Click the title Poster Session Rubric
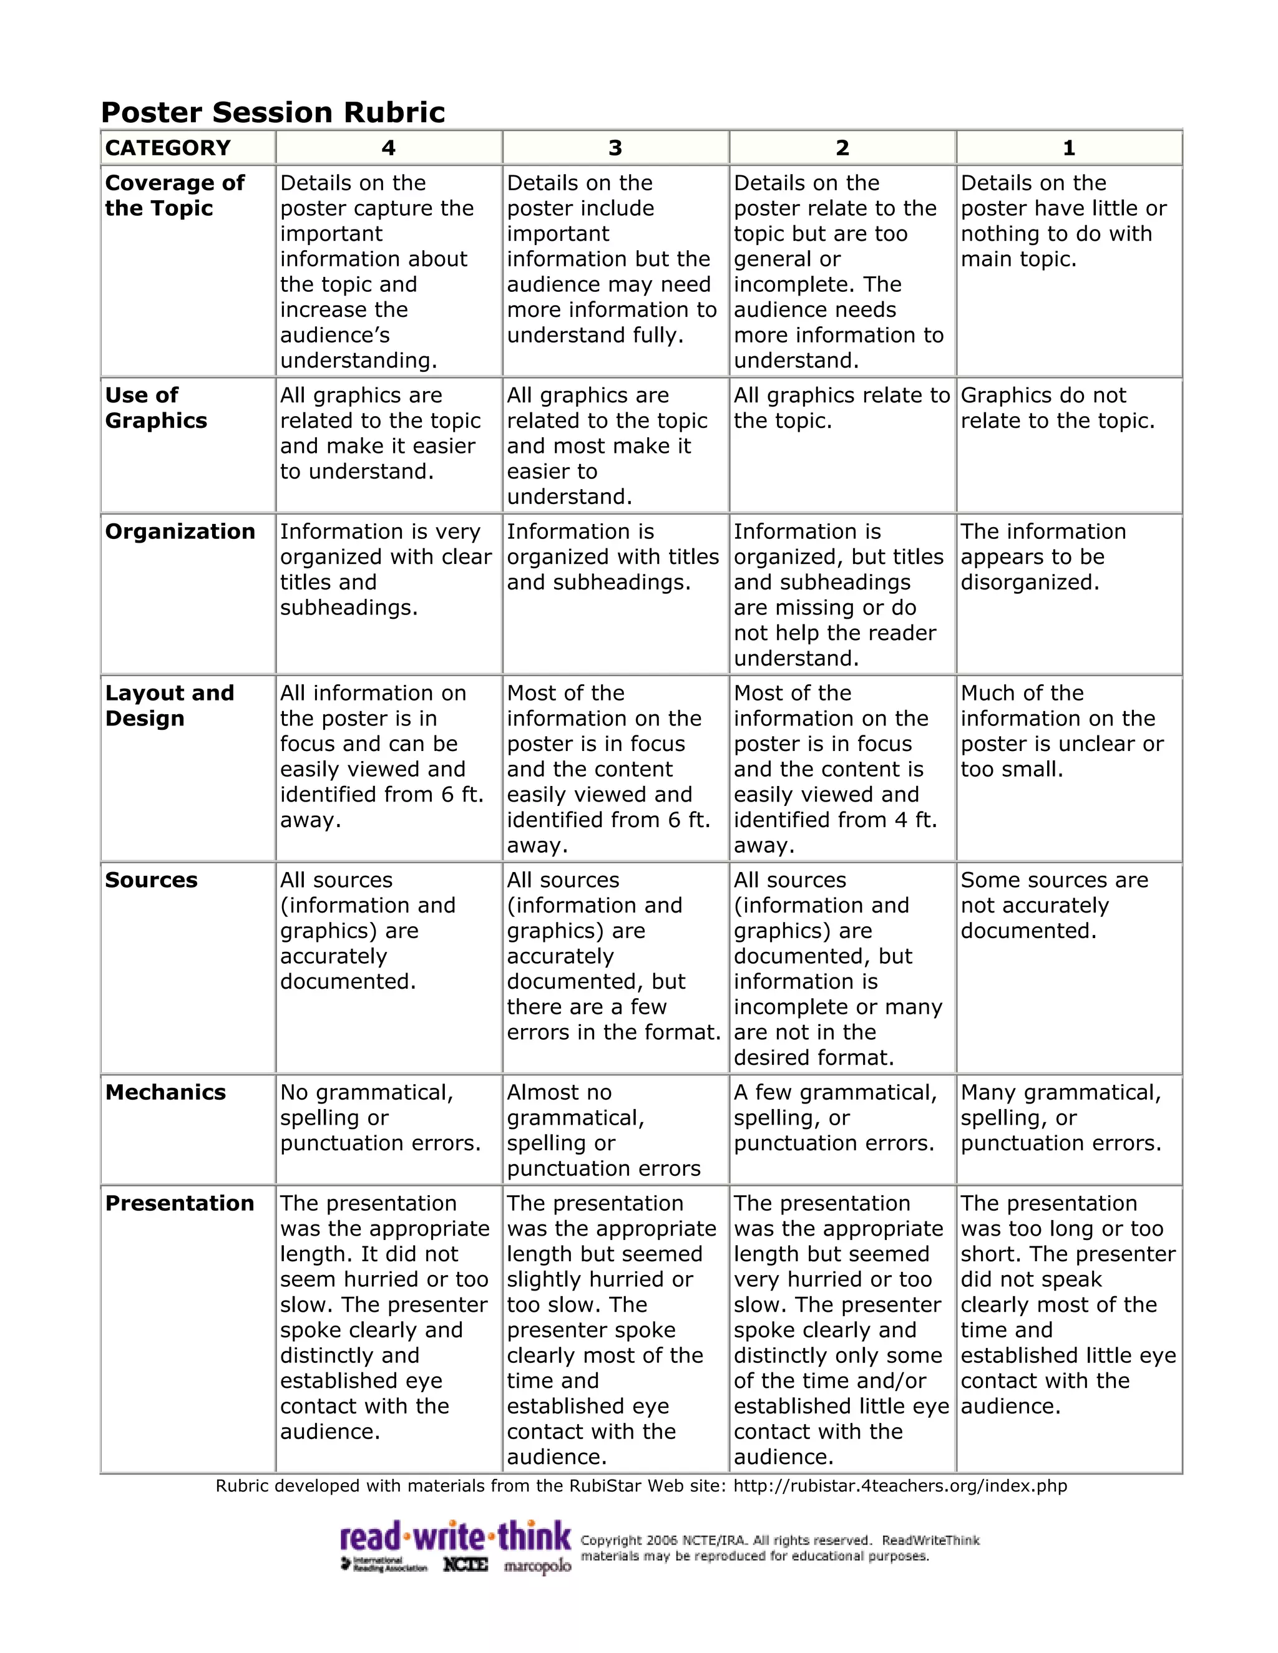tap(273, 112)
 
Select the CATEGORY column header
tap(167, 148)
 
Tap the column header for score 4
tap(388, 148)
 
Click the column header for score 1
tap(1068, 148)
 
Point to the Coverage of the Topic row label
tap(175, 195)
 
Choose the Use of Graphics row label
tap(156, 408)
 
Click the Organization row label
tap(180, 531)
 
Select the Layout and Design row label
tap(170, 705)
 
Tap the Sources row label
tap(152, 880)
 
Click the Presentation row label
tap(180, 1203)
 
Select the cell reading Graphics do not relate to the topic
tap(1057, 408)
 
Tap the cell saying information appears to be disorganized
tap(1043, 556)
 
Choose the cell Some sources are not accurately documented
tap(1053, 905)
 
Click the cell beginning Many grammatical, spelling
tap(1060, 1117)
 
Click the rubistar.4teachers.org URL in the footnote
tap(900, 1486)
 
